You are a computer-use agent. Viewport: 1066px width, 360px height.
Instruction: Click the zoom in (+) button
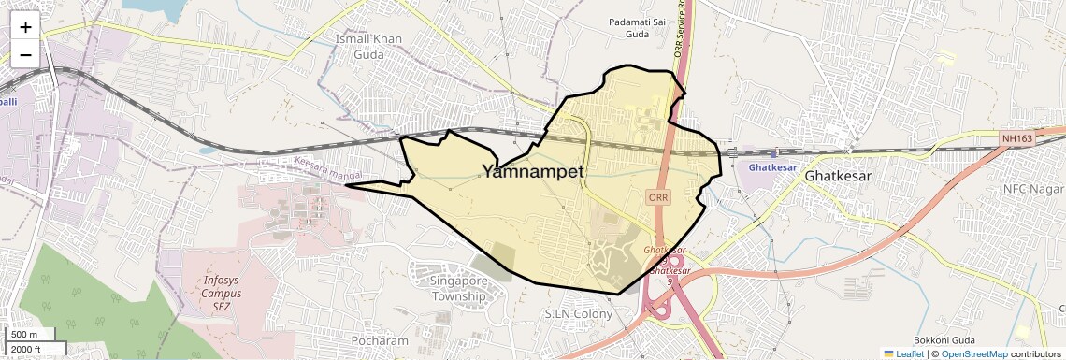coord(25,27)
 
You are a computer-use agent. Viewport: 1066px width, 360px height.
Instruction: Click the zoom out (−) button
coord(25,54)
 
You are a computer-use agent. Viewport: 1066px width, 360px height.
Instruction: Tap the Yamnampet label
coord(533,171)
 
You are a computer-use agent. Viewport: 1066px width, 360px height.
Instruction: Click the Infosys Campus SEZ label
coord(222,293)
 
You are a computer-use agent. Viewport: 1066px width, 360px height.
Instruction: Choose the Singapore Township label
coord(459,288)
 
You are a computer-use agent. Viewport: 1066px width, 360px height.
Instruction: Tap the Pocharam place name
coord(380,341)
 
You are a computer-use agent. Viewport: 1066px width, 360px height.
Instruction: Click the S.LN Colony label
coord(579,314)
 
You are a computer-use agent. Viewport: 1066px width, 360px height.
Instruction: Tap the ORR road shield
coord(656,197)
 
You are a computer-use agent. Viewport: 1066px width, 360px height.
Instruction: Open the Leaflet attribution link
coord(903,353)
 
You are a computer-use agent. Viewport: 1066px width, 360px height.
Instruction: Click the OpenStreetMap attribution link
coord(973,353)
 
